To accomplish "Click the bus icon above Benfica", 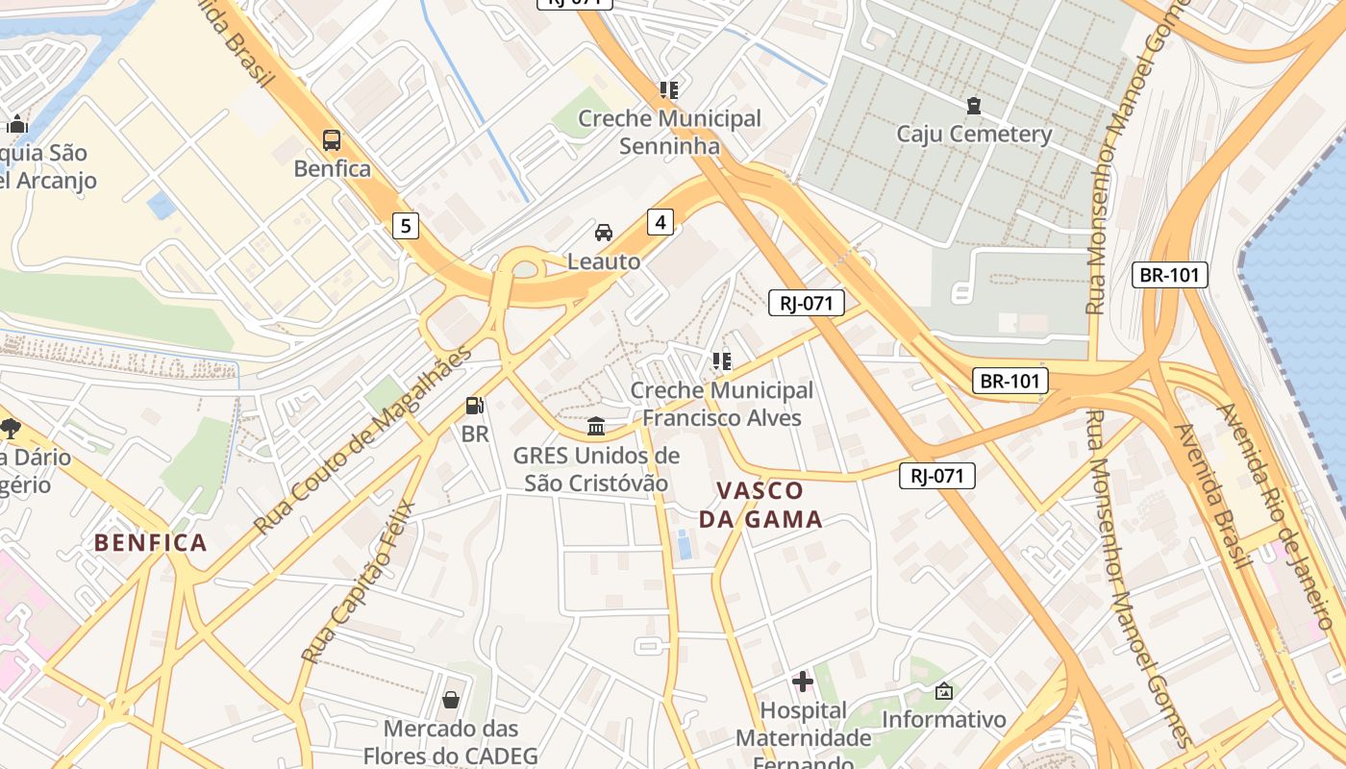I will pyautogui.click(x=332, y=140).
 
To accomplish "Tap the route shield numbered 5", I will pyautogui.click(x=406, y=226).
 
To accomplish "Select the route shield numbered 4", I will pyautogui.click(x=660, y=222).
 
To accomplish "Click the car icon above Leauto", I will pyautogui.click(x=604, y=233).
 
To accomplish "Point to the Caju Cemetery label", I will pyautogui.click(x=974, y=134).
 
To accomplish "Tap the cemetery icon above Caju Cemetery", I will pyautogui.click(x=974, y=105).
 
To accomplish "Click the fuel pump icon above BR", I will pyautogui.click(x=474, y=407).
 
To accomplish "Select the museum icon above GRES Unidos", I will pyautogui.click(x=596, y=426).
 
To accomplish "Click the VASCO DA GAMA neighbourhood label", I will pyautogui.click(x=760, y=505).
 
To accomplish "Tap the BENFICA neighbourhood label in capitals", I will pyautogui.click(x=151, y=543).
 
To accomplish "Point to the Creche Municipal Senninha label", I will pyautogui.click(x=669, y=133).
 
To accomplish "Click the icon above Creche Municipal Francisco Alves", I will pyautogui.click(x=722, y=361).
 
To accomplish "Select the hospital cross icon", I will pyautogui.click(x=803, y=682).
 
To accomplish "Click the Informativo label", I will pyautogui.click(x=943, y=719).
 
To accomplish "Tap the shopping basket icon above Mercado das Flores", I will pyautogui.click(x=451, y=700).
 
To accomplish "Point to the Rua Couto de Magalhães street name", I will pyautogui.click(x=363, y=439).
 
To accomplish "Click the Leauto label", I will pyautogui.click(x=604, y=260).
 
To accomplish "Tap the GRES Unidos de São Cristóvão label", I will pyautogui.click(x=596, y=469).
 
